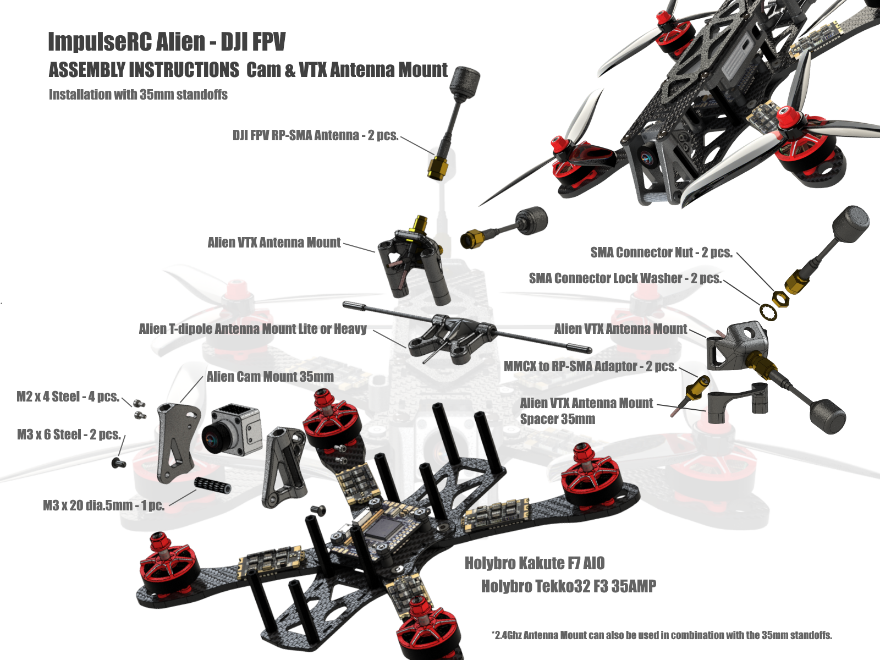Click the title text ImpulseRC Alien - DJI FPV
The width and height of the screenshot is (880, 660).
[x=167, y=42]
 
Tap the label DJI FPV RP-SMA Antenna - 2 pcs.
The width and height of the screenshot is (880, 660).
[x=315, y=135]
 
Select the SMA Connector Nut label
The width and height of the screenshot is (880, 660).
[x=661, y=252]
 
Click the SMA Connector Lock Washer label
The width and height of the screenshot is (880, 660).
[x=625, y=278]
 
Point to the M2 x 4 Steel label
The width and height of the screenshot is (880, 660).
[x=68, y=397]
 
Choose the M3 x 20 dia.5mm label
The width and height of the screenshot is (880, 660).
[x=103, y=505]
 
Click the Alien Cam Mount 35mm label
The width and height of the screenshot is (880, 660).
[x=270, y=377]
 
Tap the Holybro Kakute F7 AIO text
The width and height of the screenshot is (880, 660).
[x=535, y=563]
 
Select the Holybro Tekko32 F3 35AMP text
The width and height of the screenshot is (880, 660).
[x=568, y=586]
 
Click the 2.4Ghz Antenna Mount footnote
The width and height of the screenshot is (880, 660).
[x=662, y=635]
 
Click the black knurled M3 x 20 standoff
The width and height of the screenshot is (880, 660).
[x=213, y=486]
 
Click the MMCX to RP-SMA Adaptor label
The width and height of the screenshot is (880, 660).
[x=590, y=366]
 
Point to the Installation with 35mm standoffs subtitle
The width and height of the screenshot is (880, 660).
[x=138, y=95]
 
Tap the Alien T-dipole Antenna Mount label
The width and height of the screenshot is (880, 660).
[x=252, y=329]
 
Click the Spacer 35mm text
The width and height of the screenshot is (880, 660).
[x=557, y=419]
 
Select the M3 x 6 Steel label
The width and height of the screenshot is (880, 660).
[x=69, y=435]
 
